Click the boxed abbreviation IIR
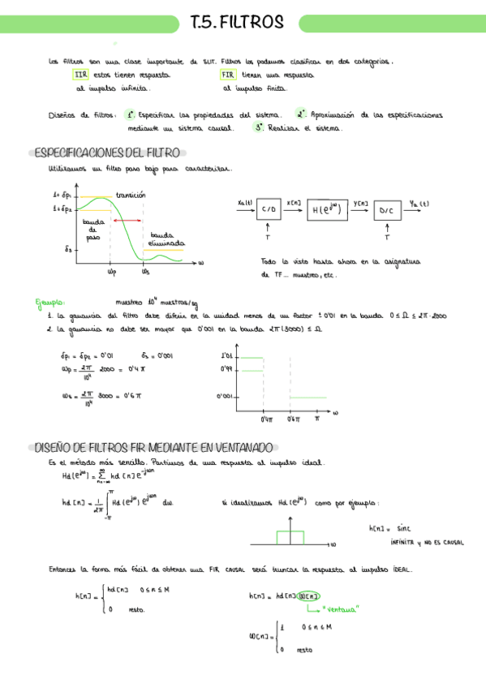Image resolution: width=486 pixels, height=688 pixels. pyautogui.click(x=80, y=74)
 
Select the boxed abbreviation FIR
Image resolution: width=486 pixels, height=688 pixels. pyautogui.click(x=227, y=74)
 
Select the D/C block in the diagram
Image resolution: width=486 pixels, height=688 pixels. pyautogui.click(x=386, y=211)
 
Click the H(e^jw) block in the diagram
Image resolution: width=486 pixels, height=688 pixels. pyautogui.click(x=328, y=210)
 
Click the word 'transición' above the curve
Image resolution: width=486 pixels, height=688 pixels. pyautogui.click(x=131, y=195)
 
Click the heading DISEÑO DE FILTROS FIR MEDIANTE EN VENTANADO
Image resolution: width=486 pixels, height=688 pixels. pyautogui.click(x=153, y=447)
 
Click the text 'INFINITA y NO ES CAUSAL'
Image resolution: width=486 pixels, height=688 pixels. pyautogui.click(x=426, y=541)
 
